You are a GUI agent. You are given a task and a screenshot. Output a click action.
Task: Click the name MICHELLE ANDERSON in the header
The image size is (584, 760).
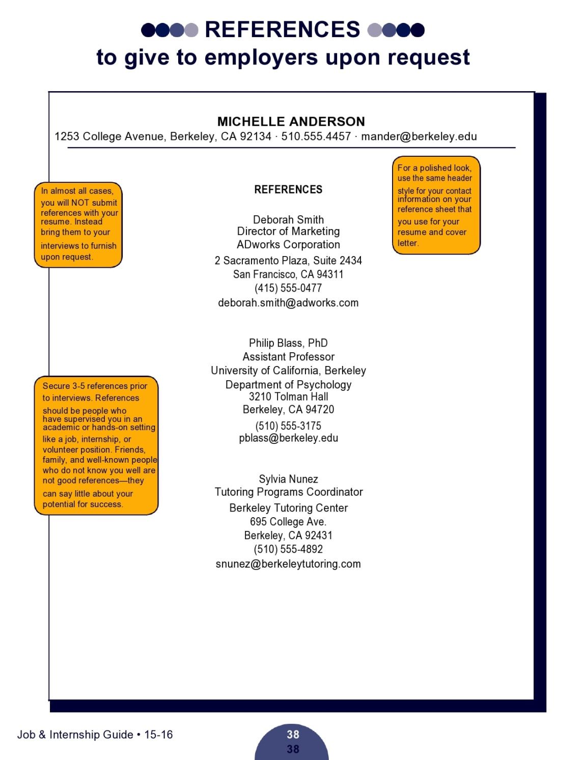(291, 122)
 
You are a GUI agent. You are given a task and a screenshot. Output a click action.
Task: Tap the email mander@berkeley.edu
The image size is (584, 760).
(419, 136)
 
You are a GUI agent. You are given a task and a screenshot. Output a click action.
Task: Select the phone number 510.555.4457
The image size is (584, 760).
(316, 136)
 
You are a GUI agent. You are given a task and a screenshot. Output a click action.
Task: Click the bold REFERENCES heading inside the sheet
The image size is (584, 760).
(288, 190)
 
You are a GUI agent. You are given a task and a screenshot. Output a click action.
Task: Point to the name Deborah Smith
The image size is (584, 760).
(288, 220)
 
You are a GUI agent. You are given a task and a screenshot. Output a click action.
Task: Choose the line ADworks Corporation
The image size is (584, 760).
(288, 244)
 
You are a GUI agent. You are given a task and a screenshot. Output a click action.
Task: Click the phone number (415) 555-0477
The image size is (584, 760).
(288, 288)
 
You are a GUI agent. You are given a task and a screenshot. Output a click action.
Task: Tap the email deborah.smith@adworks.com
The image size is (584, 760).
(288, 303)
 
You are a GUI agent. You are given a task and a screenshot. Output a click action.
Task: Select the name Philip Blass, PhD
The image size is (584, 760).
(288, 343)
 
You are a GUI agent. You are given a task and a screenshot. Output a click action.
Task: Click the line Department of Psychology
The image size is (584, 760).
(288, 385)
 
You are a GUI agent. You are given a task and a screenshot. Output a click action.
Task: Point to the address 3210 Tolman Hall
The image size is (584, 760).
(288, 397)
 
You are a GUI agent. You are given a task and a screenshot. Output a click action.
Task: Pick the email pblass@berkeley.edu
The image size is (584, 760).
(288, 438)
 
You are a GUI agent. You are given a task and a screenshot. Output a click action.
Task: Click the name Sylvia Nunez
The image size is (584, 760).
(288, 479)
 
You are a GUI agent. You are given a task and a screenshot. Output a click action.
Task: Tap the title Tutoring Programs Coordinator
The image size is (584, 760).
(288, 492)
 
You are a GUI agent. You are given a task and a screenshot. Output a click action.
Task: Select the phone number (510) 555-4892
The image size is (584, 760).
(288, 549)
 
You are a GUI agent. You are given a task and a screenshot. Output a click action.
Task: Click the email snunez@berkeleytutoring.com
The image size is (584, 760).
(288, 564)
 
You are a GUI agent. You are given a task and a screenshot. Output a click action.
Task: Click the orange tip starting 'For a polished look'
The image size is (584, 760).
(435, 205)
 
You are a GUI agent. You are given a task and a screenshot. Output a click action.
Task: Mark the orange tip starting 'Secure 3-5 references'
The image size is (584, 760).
(96, 445)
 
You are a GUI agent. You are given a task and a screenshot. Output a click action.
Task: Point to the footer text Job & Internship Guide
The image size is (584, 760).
(75, 735)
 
